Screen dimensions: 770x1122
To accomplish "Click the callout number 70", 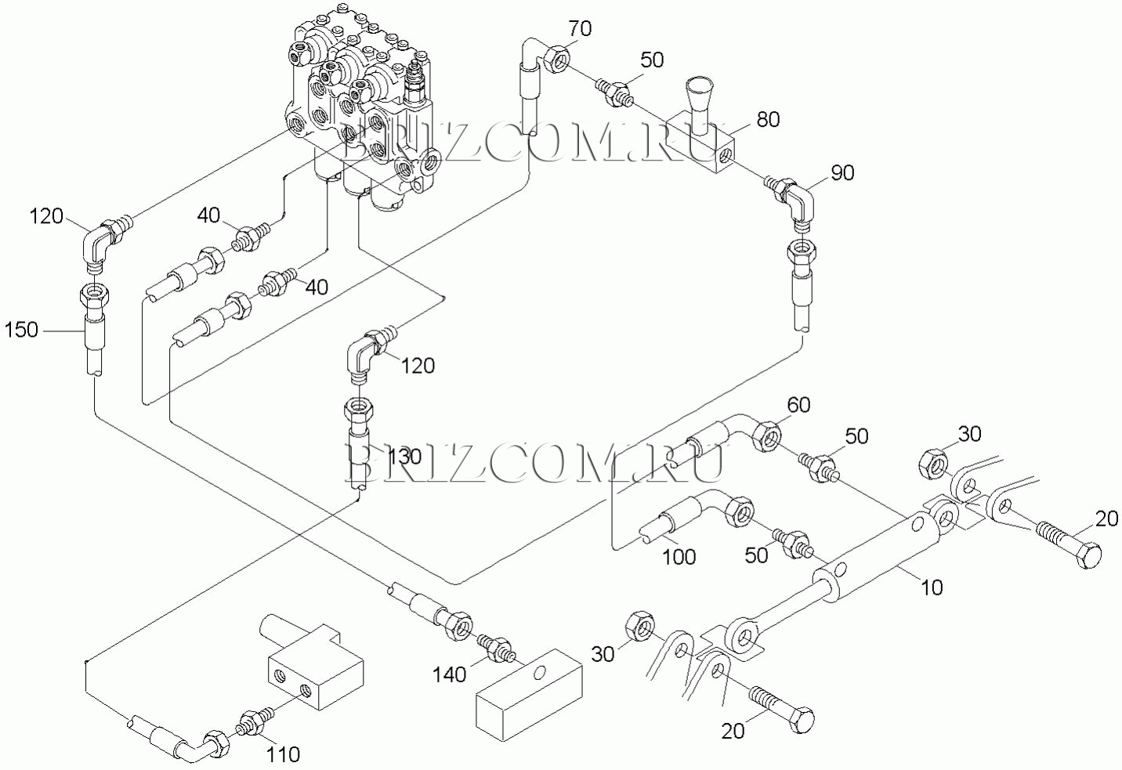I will pyautogui.click(x=581, y=29).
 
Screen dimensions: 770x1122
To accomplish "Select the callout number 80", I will pyautogui.click(x=768, y=120).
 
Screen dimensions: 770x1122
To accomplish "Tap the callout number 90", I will pyautogui.click(x=842, y=172).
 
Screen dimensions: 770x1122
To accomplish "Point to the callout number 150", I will pyautogui.click(x=21, y=331).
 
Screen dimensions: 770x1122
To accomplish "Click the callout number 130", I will pyautogui.click(x=405, y=457).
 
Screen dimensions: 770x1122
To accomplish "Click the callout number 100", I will pyautogui.click(x=679, y=556).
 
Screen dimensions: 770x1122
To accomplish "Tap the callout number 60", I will pyautogui.click(x=798, y=405).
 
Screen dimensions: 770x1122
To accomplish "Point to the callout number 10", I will pyautogui.click(x=932, y=587).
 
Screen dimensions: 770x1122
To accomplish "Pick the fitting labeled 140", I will pyautogui.click(x=496, y=647).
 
